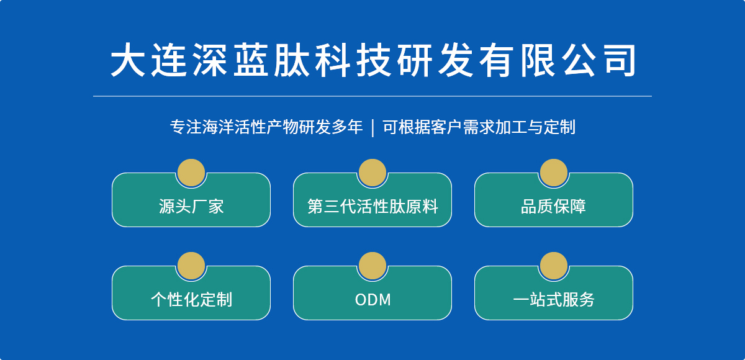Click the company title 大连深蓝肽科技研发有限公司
373,60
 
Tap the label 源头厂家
191,207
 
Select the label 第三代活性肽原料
372,207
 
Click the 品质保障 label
553,207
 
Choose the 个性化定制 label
191,300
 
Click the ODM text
373,300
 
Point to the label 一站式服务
553,300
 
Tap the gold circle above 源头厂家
191,173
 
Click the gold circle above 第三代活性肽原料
372,173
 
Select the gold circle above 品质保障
554,173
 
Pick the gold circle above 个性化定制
191,266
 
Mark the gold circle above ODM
372,266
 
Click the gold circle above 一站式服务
554,266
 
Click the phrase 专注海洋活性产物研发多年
266,127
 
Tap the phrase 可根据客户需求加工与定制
479,127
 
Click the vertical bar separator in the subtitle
372,128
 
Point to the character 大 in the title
128,60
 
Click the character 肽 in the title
291,60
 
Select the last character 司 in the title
620,60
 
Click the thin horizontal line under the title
372,96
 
